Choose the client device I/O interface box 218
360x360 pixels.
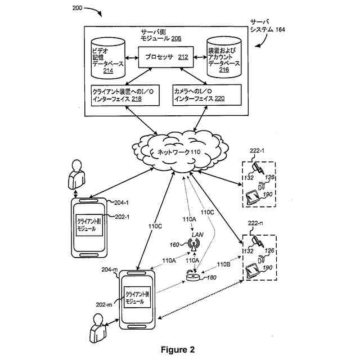pyautogui.click(x=126, y=94)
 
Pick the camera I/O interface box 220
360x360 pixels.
pyautogui.click(x=207, y=94)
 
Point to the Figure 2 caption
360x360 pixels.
pyautogui.click(x=177, y=349)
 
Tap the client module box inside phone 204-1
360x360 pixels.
pyautogui.click(x=89, y=226)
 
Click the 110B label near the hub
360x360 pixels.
pyautogui.click(x=224, y=263)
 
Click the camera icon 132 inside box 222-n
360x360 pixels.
pyautogui.click(x=258, y=240)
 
